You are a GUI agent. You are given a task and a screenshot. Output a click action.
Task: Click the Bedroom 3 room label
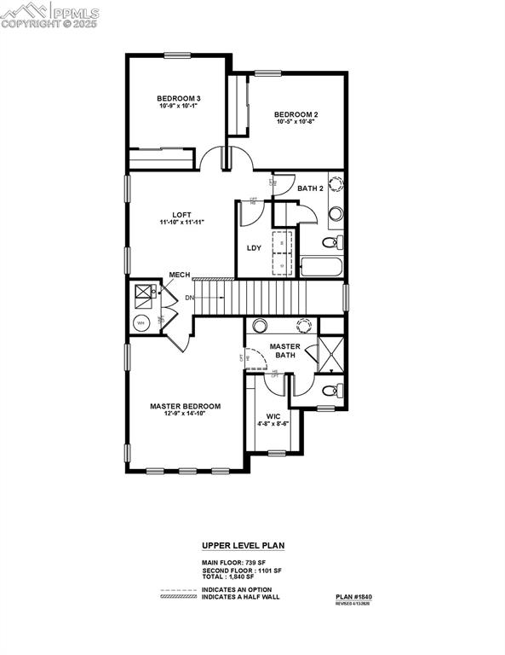pyautogui.click(x=179, y=98)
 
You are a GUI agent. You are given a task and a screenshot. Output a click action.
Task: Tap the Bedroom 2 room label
pyautogui.click(x=296, y=114)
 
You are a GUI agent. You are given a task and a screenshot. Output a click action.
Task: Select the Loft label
pyautogui.click(x=181, y=214)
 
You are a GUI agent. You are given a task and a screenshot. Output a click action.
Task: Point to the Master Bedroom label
pyautogui.click(x=185, y=406)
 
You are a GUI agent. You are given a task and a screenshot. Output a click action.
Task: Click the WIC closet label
pyautogui.click(x=273, y=417)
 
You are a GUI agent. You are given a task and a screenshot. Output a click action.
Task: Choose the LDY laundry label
pyautogui.click(x=254, y=248)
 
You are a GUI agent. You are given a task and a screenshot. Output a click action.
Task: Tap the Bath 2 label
pyautogui.click(x=310, y=188)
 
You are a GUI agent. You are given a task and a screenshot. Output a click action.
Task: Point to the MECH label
pyautogui.click(x=179, y=275)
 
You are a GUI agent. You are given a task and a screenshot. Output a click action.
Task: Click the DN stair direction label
pyautogui.click(x=188, y=298)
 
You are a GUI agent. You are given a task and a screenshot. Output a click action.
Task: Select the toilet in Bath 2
pyautogui.click(x=330, y=243)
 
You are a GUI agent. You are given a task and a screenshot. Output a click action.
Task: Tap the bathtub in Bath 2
pyautogui.click(x=321, y=267)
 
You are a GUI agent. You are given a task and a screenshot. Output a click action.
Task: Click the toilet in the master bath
pyautogui.click(x=331, y=392)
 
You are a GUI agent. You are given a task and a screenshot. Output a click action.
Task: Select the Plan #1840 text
pyautogui.click(x=353, y=597)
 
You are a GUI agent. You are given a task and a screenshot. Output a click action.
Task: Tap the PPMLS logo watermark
pyautogui.click(x=50, y=15)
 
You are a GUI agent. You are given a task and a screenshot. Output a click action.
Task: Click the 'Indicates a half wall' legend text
pyautogui.click(x=240, y=597)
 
